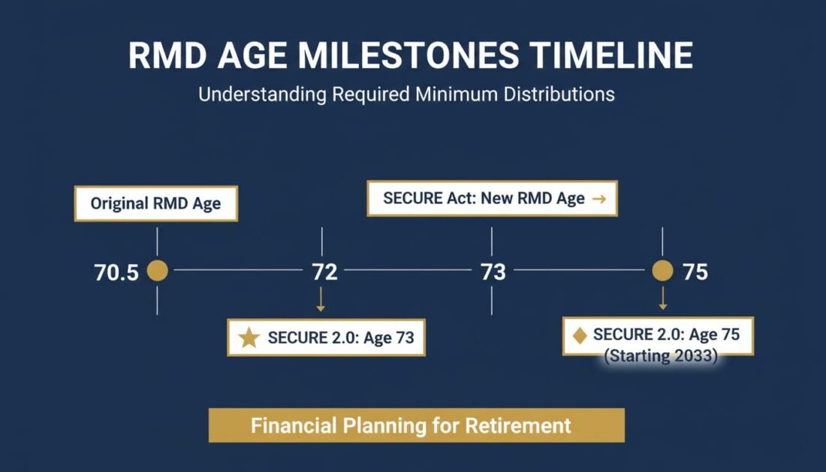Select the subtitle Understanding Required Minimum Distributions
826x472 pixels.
point(406,95)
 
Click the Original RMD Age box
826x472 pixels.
point(156,204)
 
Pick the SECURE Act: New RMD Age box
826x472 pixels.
point(492,199)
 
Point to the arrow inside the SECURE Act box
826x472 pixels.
point(598,199)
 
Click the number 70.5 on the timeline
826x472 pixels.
point(116,272)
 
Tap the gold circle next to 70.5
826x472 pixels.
point(157,271)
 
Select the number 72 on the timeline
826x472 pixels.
point(324,272)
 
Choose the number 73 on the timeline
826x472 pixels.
point(493,272)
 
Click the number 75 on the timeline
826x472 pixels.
point(695,272)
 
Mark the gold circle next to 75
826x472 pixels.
point(662,271)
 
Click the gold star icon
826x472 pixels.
point(249,338)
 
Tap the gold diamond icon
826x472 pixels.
point(580,335)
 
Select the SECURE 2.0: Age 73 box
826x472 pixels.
point(326,338)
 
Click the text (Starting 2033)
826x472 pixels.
point(662,356)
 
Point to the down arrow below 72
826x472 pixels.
point(321,302)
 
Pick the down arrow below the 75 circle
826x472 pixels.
point(662,300)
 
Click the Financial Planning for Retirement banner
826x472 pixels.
point(416,425)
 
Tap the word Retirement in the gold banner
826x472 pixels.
point(518,425)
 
